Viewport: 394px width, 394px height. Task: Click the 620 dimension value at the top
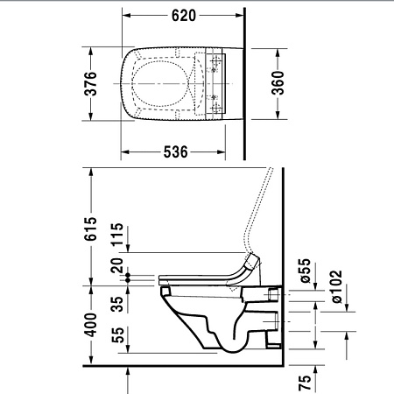pyautogui.click(x=183, y=15)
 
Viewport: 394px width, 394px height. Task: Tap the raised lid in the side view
pyautogui.click(x=260, y=210)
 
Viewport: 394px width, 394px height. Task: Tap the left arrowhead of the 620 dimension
pyautogui.click(x=123, y=15)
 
